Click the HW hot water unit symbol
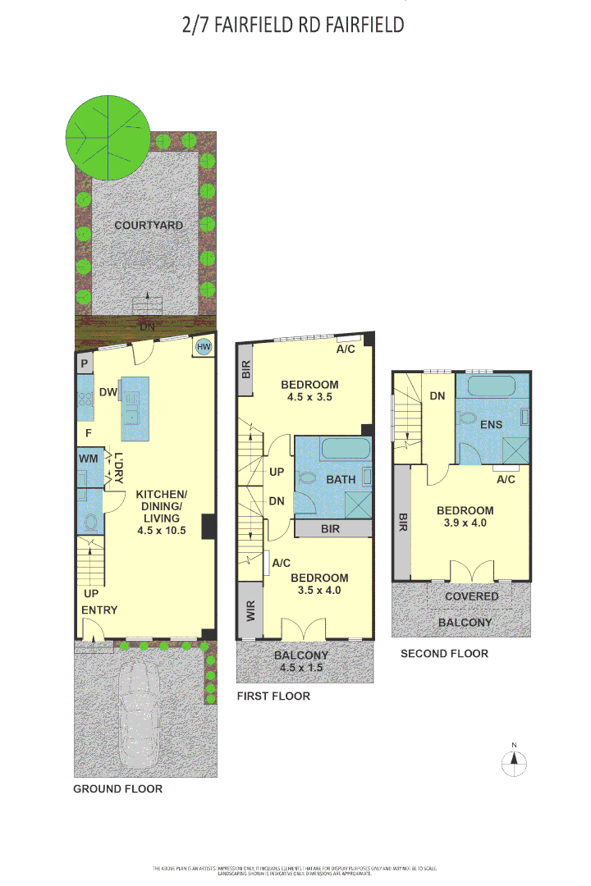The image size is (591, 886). [x=204, y=348]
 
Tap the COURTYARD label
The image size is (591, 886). [x=149, y=226]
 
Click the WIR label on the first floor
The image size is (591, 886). [x=250, y=610]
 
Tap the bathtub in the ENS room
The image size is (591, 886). [x=492, y=386]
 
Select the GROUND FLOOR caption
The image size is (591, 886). [x=118, y=789]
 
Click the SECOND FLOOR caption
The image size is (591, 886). [x=444, y=654]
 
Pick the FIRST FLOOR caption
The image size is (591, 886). [x=273, y=696]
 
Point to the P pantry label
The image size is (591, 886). [x=85, y=363]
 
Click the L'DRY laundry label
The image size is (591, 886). [x=119, y=468]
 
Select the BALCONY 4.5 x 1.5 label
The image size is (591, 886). [x=301, y=661]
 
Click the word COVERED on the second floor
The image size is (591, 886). [x=472, y=596]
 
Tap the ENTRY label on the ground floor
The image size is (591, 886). [x=99, y=610]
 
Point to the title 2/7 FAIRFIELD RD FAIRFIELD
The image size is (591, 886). [x=294, y=25]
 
